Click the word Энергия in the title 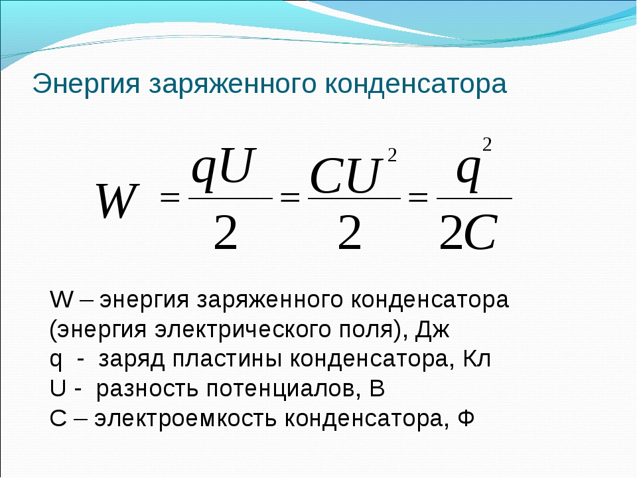(x=86, y=84)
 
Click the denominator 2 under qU (x=226, y=232)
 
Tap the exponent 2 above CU (x=391, y=155)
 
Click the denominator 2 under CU (x=350, y=232)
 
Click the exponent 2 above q (x=486, y=145)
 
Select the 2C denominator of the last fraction (x=468, y=232)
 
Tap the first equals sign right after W (x=170, y=198)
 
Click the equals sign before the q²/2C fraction (x=418, y=198)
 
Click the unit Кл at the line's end (x=476, y=359)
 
